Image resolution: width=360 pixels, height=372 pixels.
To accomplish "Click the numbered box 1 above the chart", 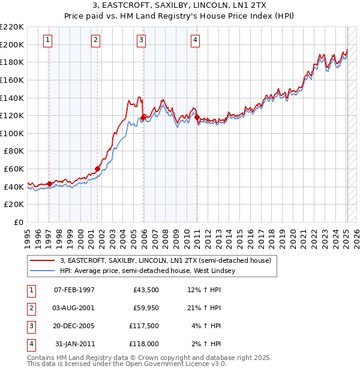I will pyautogui.click(x=48, y=40).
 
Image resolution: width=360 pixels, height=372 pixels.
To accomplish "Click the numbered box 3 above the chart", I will pyautogui.click(x=141, y=40).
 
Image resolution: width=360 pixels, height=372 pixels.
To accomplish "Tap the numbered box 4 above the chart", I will pyautogui.click(x=196, y=40).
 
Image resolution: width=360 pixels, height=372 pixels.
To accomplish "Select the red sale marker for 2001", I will pyautogui.click(x=97, y=169).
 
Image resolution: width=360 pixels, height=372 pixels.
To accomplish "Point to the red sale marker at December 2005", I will pyautogui.click(x=143, y=118).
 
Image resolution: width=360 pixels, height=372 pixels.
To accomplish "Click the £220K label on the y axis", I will pyautogui.click(x=12, y=27).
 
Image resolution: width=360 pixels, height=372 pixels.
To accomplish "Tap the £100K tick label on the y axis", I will pyautogui.click(x=12, y=133).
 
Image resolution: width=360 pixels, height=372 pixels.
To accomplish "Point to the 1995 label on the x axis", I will pyautogui.click(x=27, y=235).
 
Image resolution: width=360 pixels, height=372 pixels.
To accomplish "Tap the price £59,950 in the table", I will pyautogui.click(x=145, y=308).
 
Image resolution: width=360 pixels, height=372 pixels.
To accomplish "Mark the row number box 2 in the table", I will pyautogui.click(x=30, y=308).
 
